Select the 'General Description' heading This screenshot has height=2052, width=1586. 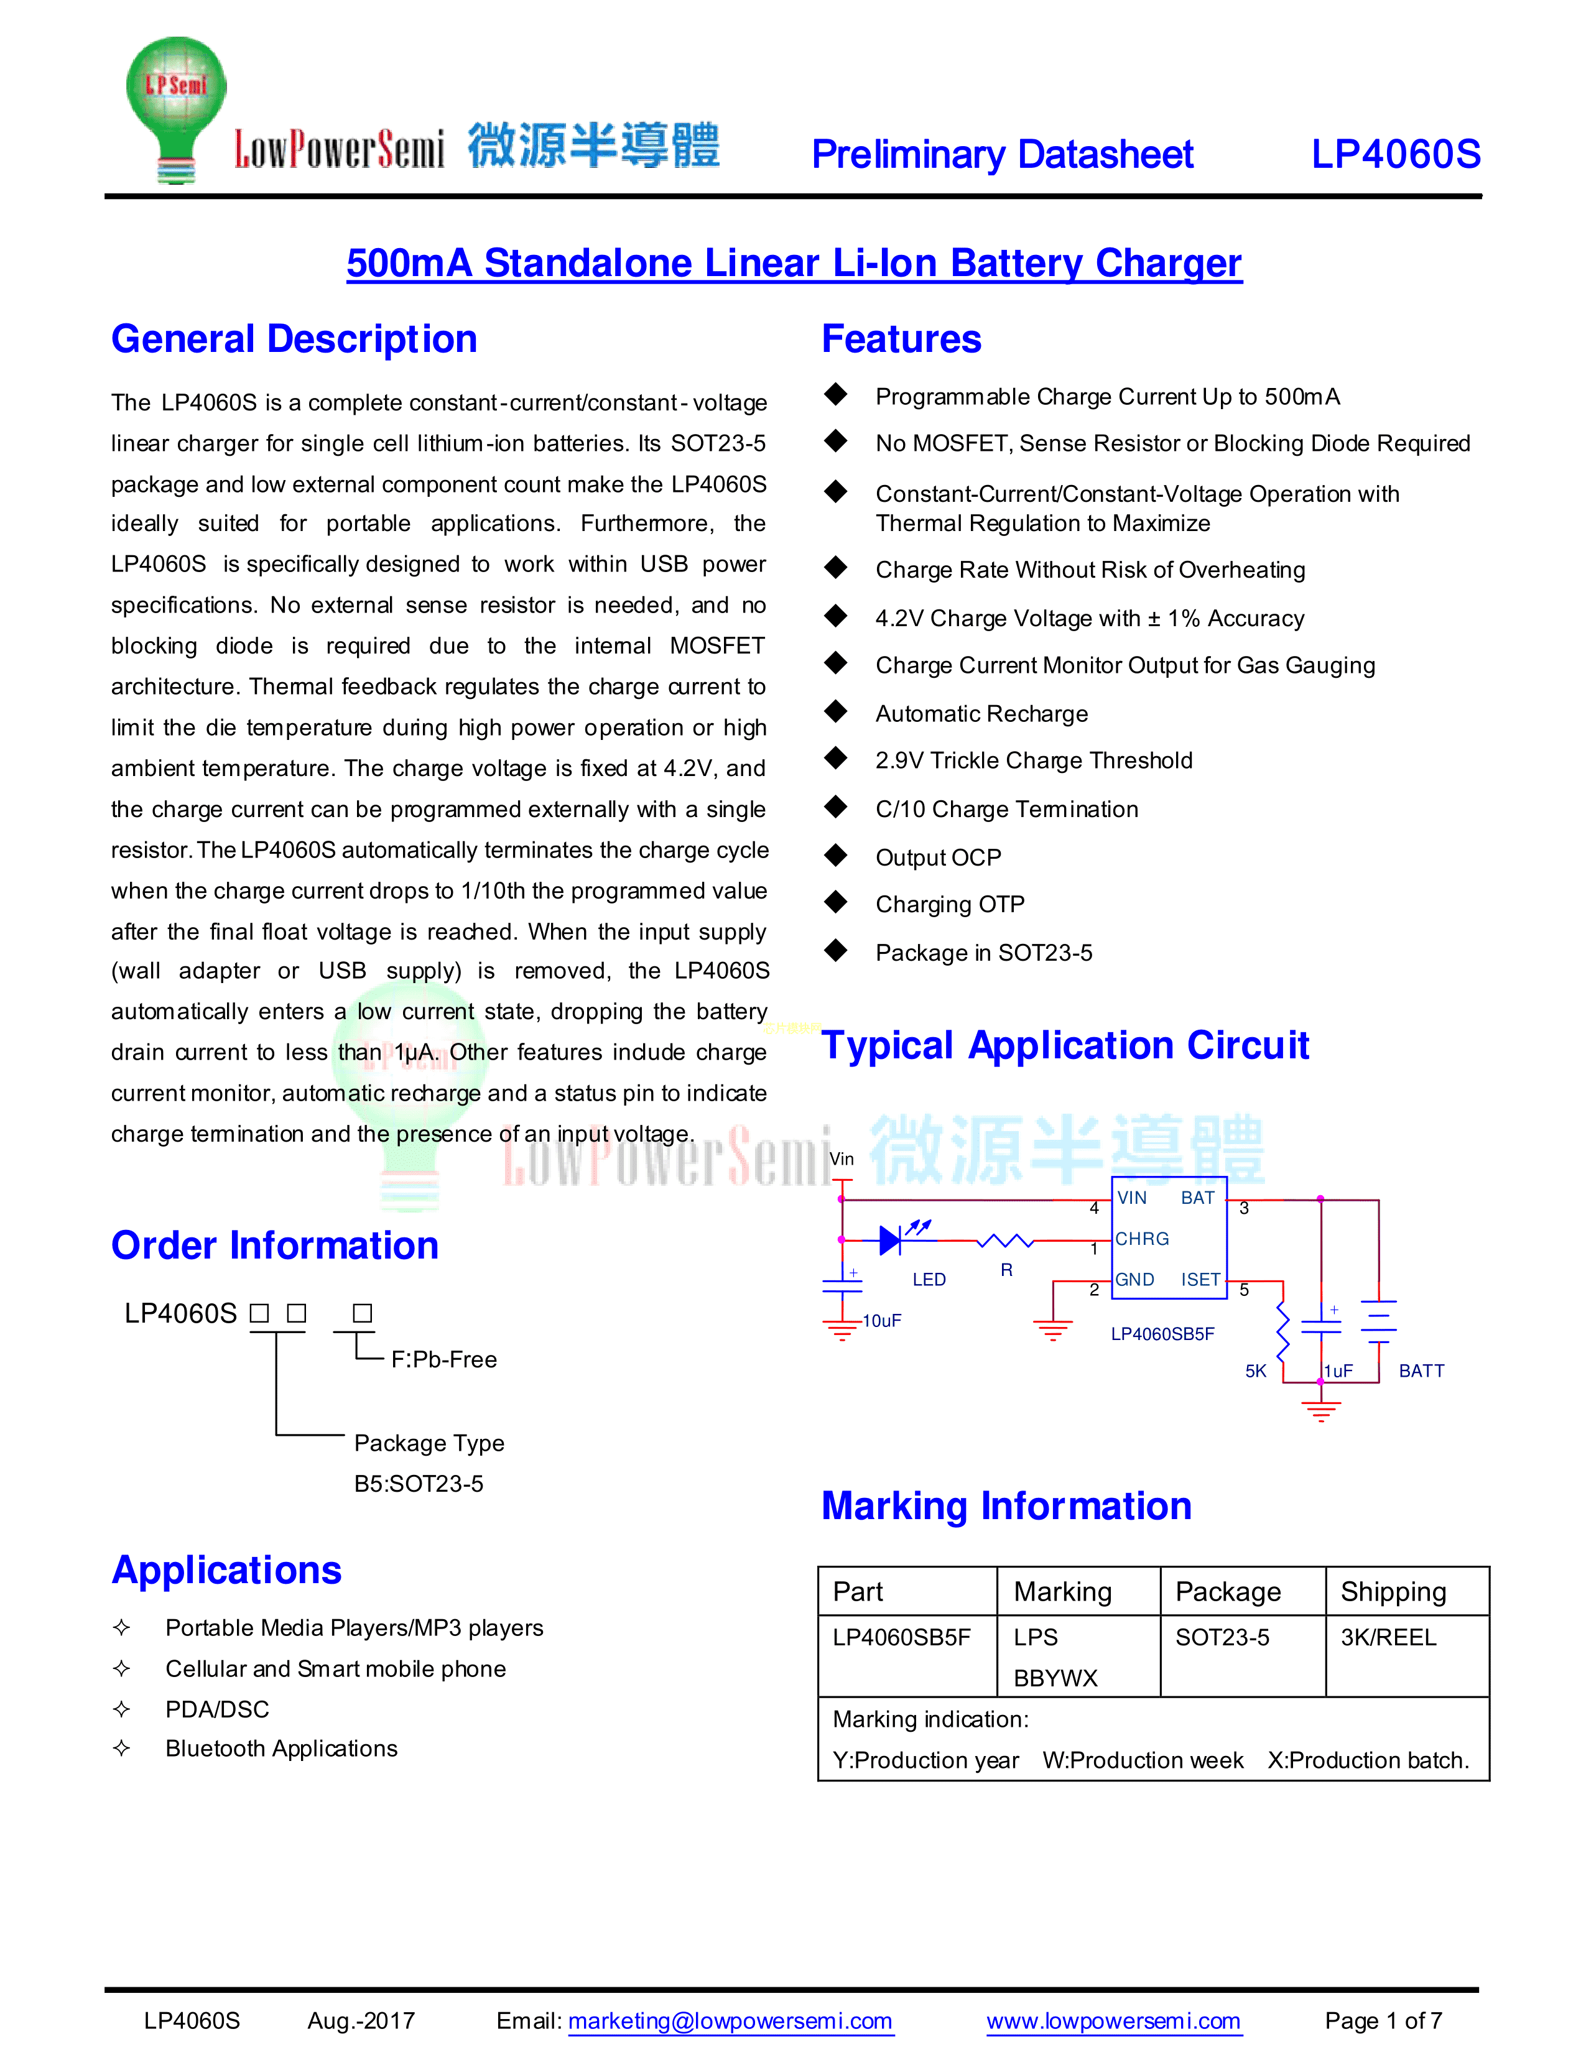coord(294,339)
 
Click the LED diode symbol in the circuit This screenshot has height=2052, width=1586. coord(891,1241)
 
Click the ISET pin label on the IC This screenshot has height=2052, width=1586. coord(1200,1280)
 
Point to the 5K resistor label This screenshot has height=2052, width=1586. coord(1255,1371)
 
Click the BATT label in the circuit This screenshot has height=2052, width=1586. coord(1421,1371)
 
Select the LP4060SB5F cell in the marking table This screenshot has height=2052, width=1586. coord(901,1638)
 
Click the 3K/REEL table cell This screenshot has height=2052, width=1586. coord(1388,1638)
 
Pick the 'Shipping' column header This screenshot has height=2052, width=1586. coord(1393,1592)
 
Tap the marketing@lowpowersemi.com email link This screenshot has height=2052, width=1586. coord(730,2021)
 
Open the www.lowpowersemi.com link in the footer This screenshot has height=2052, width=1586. coord(1113,2021)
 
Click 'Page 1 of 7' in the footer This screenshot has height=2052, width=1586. coord(1383,2021)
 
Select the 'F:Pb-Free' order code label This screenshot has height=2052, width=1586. coord(443,1359)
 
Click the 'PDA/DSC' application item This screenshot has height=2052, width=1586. coord(217,1709)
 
